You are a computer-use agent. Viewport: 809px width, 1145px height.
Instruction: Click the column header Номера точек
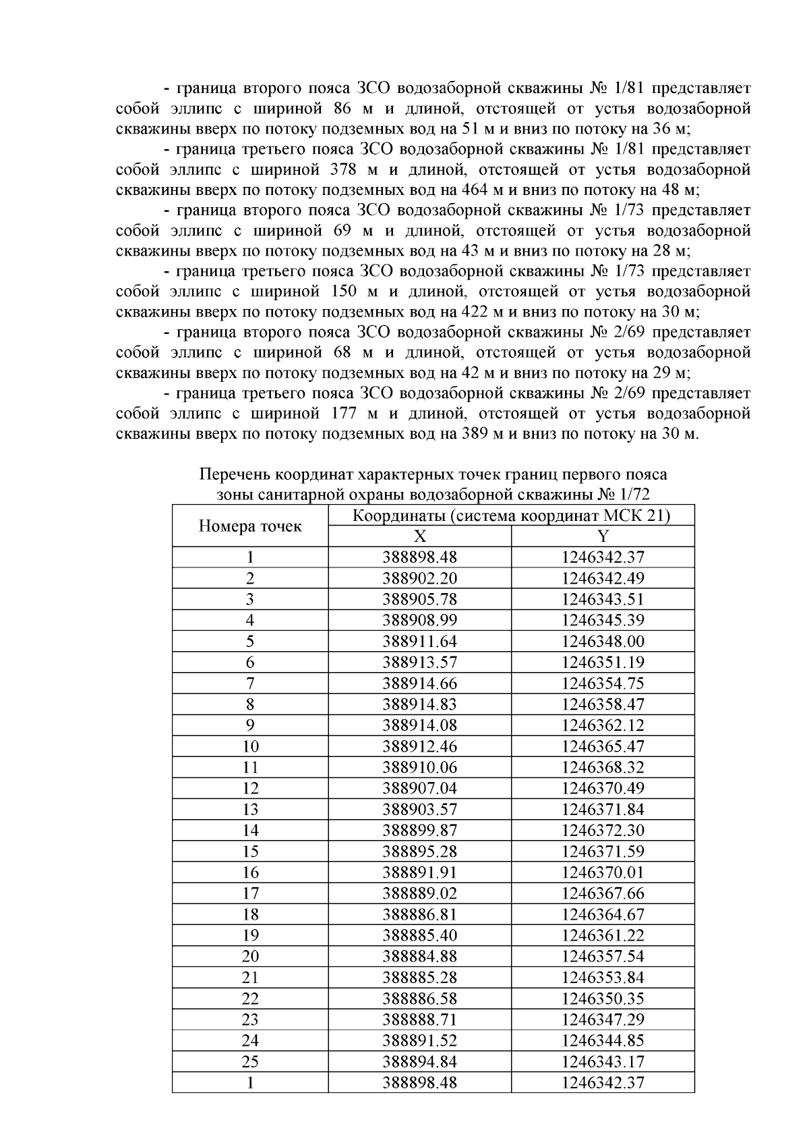point(250,526)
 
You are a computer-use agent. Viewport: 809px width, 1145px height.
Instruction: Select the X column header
point(419,536)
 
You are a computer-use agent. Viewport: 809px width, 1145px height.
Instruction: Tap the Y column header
point(603,536)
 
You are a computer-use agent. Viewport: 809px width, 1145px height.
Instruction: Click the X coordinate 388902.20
point(419,578)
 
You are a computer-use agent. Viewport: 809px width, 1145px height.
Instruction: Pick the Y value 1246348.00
point(603,642)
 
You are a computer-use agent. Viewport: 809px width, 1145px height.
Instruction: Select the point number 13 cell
point(250,810)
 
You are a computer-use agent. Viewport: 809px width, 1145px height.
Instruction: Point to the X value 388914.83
point(419,704)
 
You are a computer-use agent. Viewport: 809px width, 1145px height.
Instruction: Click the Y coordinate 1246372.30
point(603,831)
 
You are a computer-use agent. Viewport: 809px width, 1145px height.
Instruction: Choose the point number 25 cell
point(250,1062)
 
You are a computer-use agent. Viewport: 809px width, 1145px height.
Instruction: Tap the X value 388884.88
point(419,957)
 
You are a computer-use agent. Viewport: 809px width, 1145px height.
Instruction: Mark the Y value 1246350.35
point(603,999)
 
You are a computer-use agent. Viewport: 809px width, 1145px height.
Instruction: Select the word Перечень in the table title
point(231,475)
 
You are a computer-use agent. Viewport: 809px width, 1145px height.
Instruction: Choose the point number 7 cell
point(250,683)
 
